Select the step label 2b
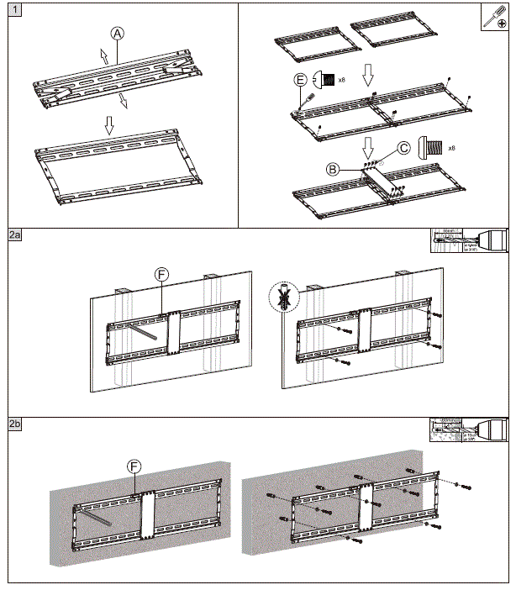[16, 424]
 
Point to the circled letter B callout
[334, 168]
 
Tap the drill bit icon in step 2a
[469, 239]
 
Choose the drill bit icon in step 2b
[469, 429]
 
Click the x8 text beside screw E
[342, 81]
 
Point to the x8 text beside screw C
[451, 148]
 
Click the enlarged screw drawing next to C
[430, 148]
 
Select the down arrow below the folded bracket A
[109, 124]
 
